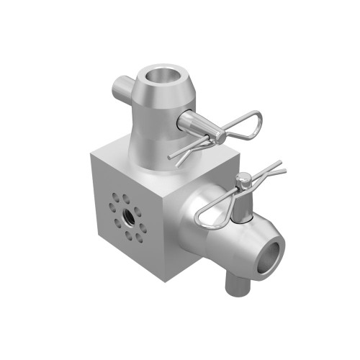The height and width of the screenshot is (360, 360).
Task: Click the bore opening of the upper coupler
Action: pos(161,76)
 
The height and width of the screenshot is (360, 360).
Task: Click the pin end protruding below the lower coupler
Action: pos(235,284)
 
